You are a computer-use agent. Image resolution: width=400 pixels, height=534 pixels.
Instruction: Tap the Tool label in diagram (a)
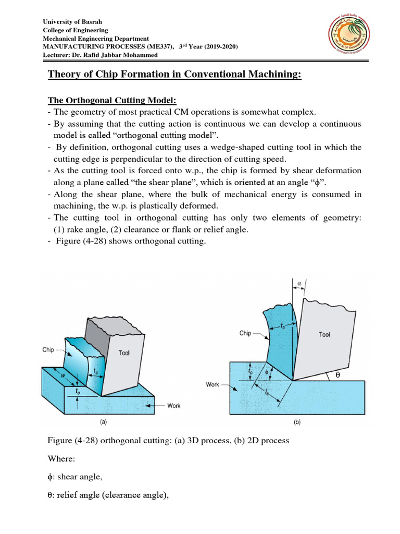click(x=124, y=353)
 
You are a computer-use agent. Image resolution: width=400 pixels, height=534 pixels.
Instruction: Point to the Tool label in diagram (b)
click(x=324, y=335)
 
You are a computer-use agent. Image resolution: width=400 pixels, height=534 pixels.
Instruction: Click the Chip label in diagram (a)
click(x=48, y=350)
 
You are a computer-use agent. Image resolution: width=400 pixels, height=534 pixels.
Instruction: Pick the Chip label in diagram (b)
click(x=245, y=333)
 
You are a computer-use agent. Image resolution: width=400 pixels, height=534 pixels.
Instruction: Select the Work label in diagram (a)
click(x=173, y=405)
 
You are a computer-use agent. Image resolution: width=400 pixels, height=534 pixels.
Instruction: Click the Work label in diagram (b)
click(x=213, y=385)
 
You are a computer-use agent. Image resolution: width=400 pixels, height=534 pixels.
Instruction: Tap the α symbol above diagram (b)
click(x=299, y=284)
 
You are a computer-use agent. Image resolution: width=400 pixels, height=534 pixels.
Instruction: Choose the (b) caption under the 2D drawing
click(x=297, y=423)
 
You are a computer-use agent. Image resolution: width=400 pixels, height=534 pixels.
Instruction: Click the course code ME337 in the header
click(x=141, y=47)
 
